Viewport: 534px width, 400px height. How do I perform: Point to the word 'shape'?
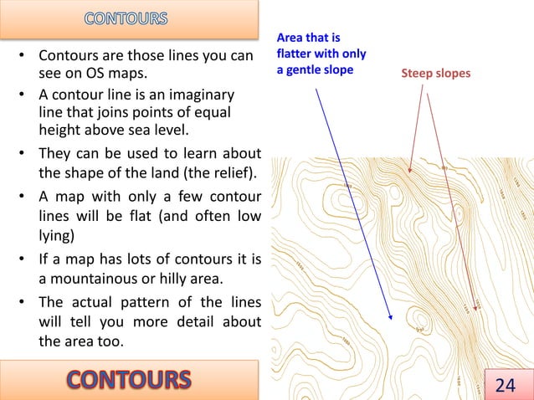[86, 173]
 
